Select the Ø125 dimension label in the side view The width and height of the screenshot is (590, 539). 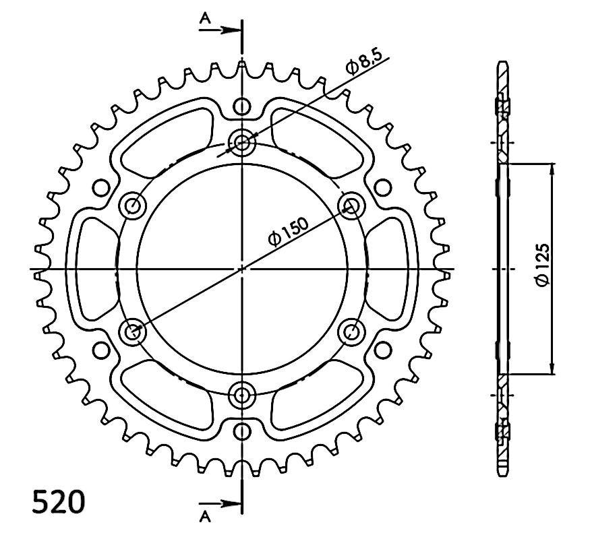(x=543, y=264)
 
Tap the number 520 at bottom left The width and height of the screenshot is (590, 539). (x=58, y=502)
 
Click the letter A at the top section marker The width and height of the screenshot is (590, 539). (x=205, y=18)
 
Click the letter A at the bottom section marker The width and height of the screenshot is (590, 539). (x=205, y=517)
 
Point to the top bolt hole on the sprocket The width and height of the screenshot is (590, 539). (x=242, y=142)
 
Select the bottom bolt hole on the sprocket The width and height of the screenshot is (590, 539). (x=242, y=395)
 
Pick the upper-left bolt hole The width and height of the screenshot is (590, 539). (x=132, y=205)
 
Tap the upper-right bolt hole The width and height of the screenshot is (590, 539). (x=352, y=205)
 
